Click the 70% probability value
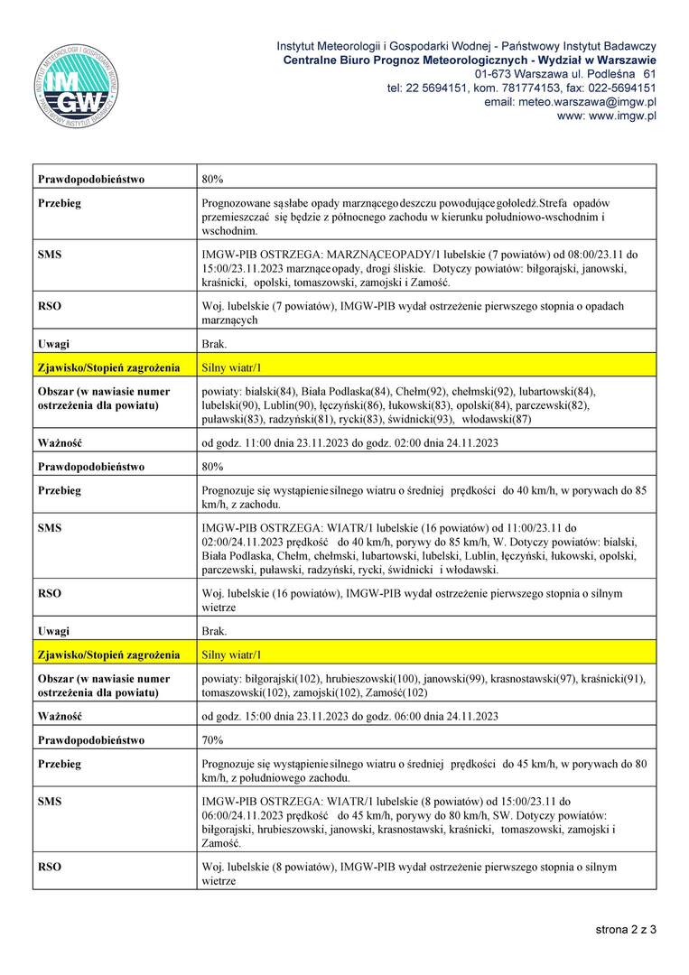(213, 740)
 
